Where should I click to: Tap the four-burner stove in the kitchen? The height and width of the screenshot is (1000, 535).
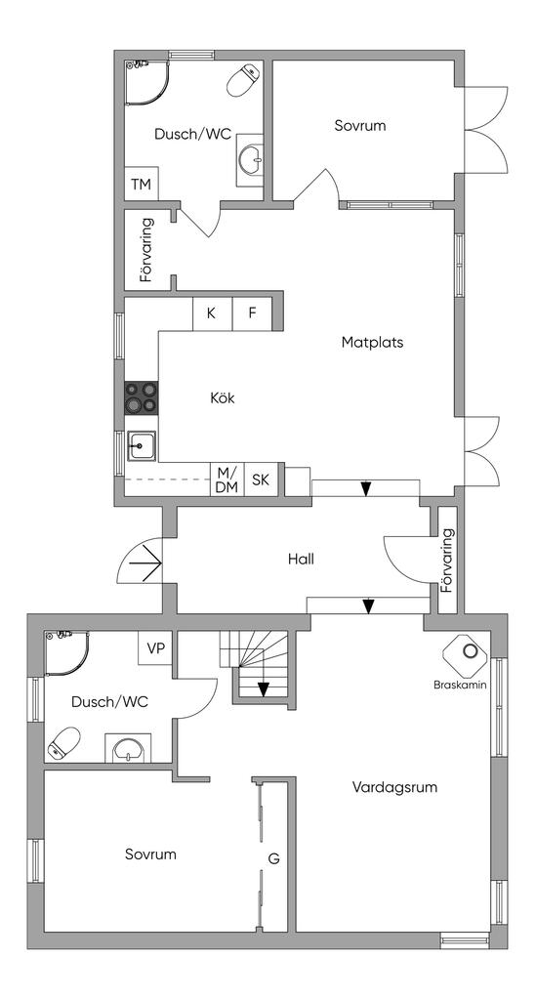point(141,397)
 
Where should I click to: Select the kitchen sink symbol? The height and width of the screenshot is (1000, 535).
point(143,445)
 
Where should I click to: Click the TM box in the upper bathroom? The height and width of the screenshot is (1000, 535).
point(141,185)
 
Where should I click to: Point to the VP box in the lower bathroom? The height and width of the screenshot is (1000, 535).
point(155,648)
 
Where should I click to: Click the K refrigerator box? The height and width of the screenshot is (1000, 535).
point(213,313)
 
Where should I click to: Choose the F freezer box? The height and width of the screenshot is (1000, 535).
point(253,313)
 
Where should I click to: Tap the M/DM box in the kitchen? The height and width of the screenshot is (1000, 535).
point(227,479)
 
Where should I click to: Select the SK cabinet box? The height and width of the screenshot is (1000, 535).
point(260,479)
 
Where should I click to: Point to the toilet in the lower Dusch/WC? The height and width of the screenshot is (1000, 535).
point(63,742)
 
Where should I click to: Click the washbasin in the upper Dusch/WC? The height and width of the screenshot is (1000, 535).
point(249,160)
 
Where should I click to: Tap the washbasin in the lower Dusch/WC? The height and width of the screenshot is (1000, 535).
point(130,748)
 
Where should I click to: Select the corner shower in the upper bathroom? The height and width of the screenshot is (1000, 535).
point(147,83)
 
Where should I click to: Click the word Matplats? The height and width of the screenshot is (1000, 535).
point(372,343)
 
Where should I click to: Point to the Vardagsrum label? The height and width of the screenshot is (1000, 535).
point(394,787)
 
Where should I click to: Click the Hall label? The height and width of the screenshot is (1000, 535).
point(301,560)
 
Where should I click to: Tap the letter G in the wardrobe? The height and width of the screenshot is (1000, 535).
point(273,858)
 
